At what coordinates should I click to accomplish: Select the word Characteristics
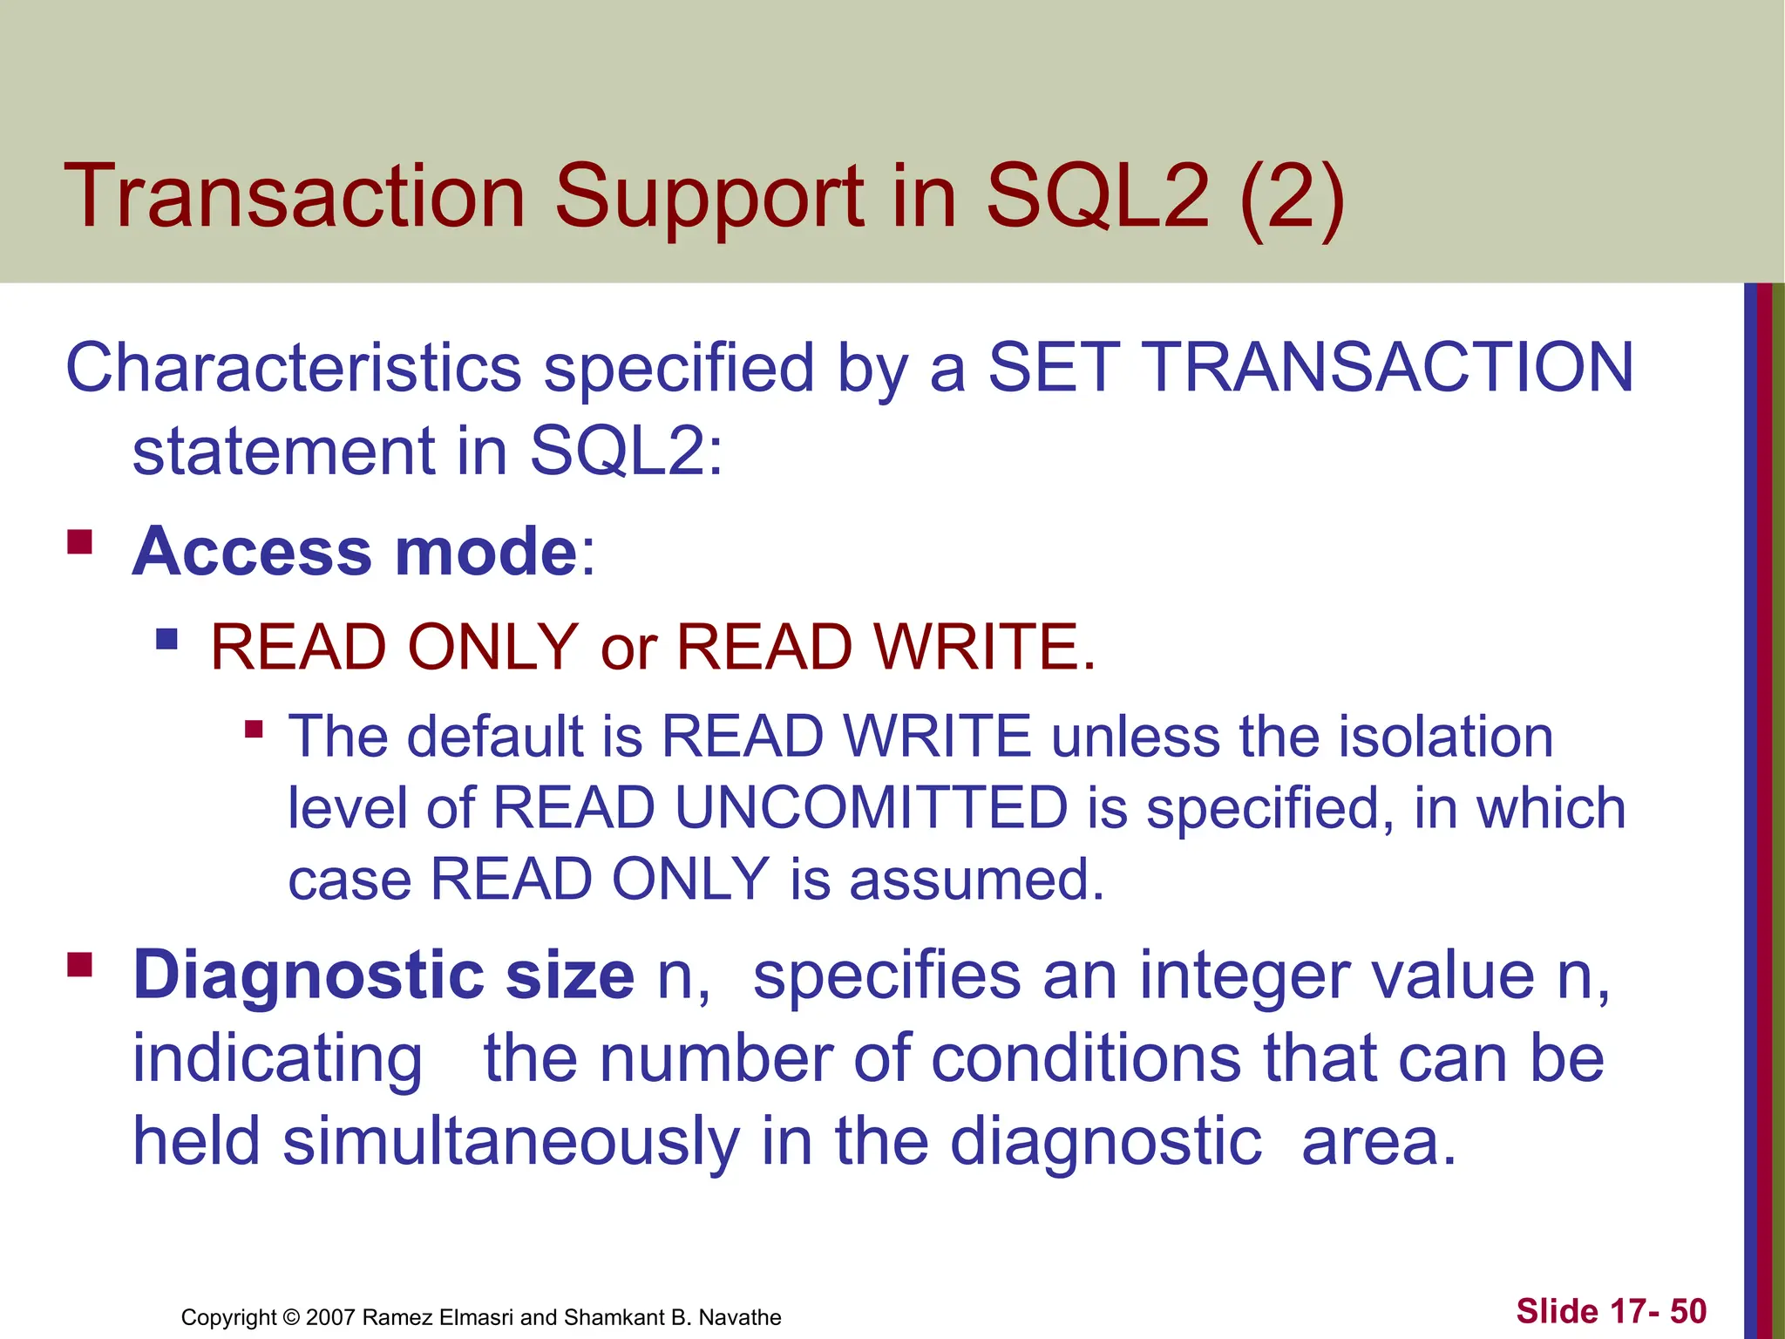click(293, 368)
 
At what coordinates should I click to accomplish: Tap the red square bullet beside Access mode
click(80, 542)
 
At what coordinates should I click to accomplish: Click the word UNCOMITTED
click(871, 807)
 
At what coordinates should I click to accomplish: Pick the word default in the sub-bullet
click(496, 737)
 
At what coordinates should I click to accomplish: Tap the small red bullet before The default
click(254, 728)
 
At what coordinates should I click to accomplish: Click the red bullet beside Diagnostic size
click(80, 964)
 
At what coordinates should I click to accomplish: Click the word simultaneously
click(511, 1141)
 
